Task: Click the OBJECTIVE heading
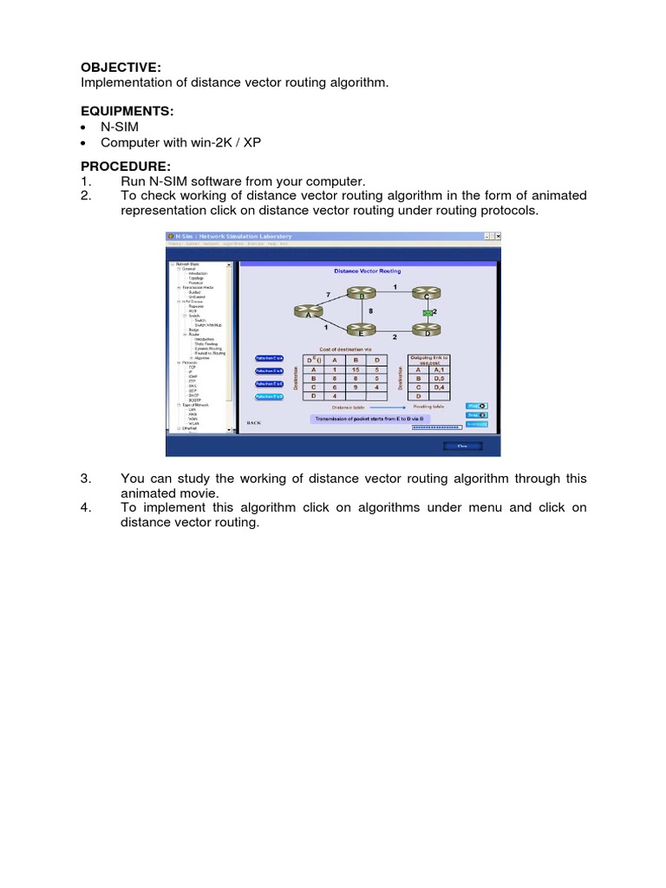[x=121, y=67]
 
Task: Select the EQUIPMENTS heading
[x=127, y=111]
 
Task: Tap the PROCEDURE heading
[x=126, y=166]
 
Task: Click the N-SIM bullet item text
[x=120, y=127]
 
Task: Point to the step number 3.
[x=86, y=479]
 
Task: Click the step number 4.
[x=86, y=508]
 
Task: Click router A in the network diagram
[x=306, y=312]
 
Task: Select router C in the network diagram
[x=427, y=297]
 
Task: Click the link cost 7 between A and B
[x=328, y=295]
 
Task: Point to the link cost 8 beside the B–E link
[x=370, y=310]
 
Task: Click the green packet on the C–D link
[x=427, y=311]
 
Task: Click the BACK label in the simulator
[x=253, y=423]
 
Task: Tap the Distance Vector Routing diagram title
[x=368, y=271]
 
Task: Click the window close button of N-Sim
[x=499, y=237]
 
